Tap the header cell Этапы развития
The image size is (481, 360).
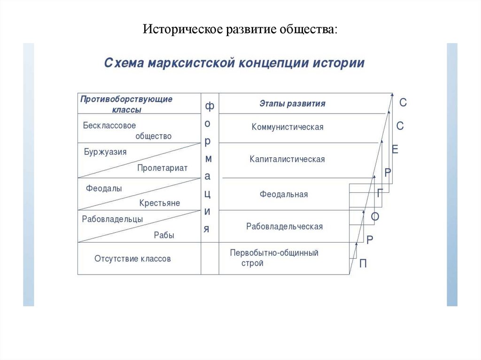292,104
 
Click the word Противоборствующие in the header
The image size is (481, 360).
126,99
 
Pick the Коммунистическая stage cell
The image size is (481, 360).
287,127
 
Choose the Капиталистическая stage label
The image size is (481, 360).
287,160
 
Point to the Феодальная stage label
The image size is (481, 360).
284,194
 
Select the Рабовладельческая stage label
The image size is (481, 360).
284,227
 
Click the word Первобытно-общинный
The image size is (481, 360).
274,253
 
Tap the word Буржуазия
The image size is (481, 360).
105,152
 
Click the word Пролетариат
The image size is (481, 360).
162,168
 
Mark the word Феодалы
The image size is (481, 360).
104,188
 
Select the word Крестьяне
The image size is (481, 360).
159,203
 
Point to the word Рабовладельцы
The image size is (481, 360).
112,219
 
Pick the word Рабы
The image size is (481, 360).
164,236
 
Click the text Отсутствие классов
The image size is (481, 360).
132,259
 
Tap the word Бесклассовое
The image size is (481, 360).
109,126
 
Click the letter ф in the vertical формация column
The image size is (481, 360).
209,107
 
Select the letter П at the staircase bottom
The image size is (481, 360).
363,264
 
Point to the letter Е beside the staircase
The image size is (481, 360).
395,150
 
